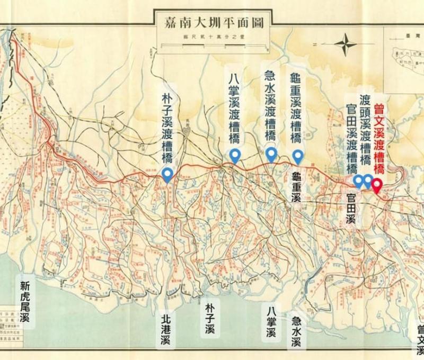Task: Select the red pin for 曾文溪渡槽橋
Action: (x=376, y=185)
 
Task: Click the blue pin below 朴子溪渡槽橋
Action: (x=167, y=174)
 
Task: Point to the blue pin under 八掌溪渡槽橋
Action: (x=235, y=156)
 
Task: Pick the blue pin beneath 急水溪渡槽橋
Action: (x=271, y=154)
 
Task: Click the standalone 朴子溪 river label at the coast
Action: (x=210, y=318)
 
